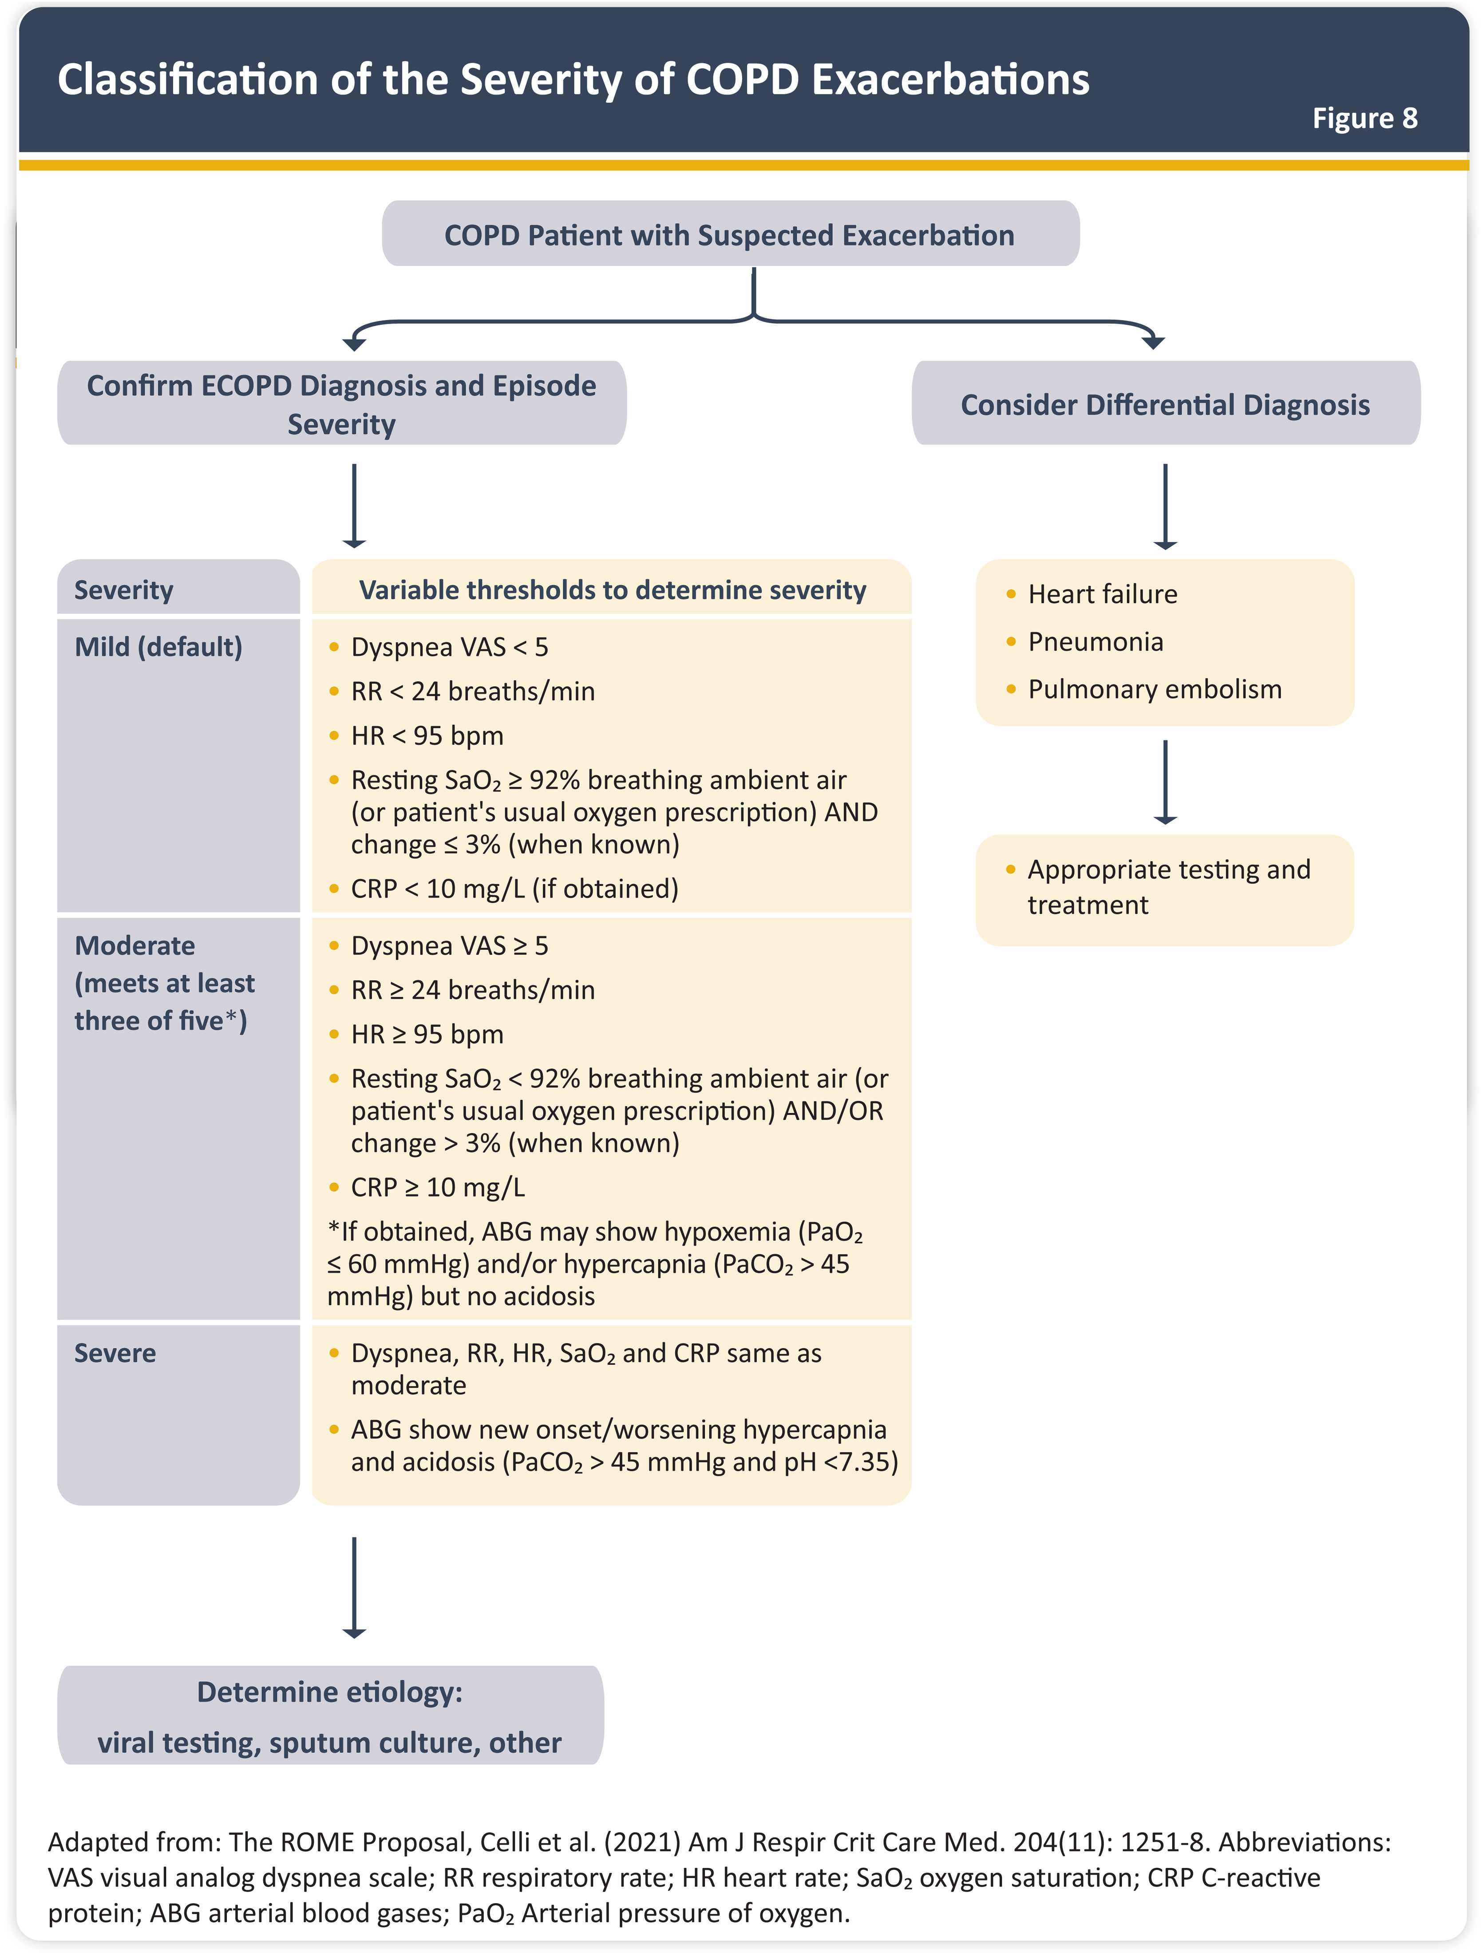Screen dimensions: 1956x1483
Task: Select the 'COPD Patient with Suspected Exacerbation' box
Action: click(x=730, y=235)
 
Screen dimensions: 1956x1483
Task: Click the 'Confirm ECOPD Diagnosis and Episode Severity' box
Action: click(x=341, y=404)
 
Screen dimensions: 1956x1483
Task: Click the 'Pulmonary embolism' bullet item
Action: click(x=1154, y=689)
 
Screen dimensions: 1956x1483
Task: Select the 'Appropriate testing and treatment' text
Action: click(x=1167, y=887)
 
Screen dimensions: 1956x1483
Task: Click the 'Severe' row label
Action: click(x=115, y=1353)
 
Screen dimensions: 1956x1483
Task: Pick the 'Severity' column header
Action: click(x=124, y=590)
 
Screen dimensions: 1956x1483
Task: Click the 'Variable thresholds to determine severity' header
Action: click(x=612, y=590)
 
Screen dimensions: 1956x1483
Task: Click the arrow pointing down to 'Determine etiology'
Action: click(x=354, y=1587)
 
